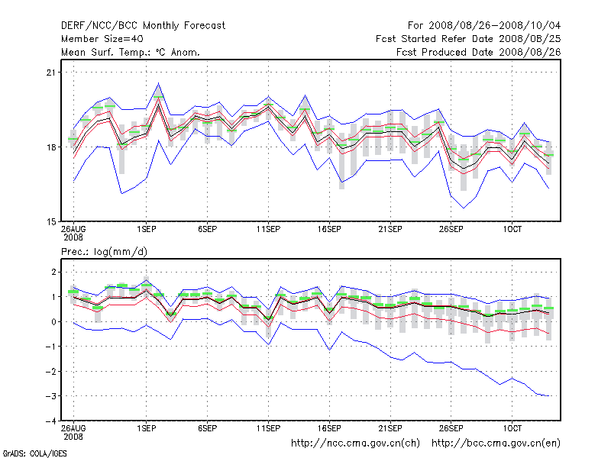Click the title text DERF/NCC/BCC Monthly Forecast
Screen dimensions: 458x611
click(x=143, y=25)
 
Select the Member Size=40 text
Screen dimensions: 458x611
click(x=102, y=38)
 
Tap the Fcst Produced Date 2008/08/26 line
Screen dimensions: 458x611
click(x=479, y=52)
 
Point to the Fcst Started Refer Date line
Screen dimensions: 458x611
click(x=468, y=38)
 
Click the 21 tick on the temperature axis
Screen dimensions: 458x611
click(x=52, y=73)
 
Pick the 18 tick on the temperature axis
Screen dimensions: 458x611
click(x=52, y=147)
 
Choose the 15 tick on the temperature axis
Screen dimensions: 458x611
click(x=52, y=221)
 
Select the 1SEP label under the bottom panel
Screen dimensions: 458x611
click(x=147, y=429)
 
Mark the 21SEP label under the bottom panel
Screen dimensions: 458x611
click(x=390, y=429)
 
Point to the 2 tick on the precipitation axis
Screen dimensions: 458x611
click(x=53, y=272)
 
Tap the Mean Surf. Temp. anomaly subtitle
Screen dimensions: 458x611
click(x=130, y=52)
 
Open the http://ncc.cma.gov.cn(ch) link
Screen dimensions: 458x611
click(x=356, y=443)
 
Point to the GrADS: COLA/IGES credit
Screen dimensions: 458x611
click(x=24, y=453)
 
